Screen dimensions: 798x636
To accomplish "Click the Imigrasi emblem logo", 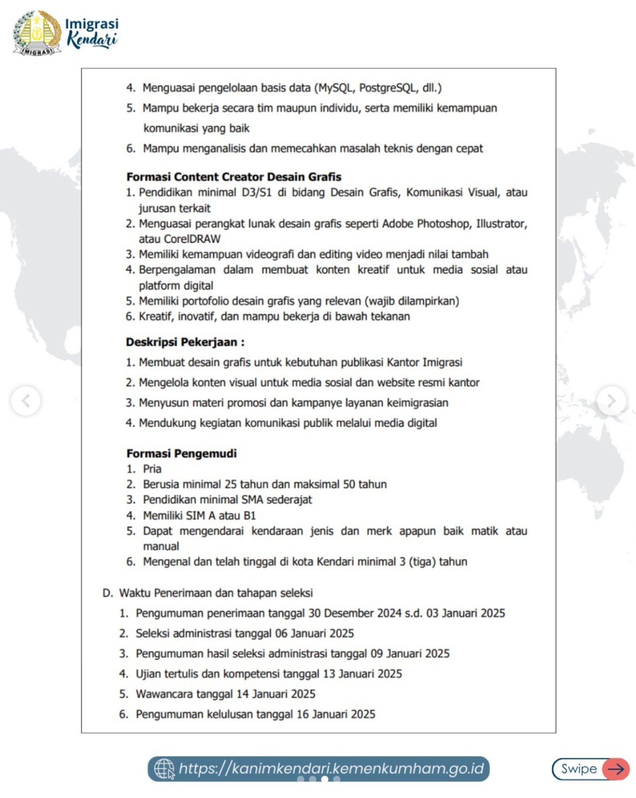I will tap(37, 33).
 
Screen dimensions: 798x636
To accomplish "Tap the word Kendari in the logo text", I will tap(92, 39).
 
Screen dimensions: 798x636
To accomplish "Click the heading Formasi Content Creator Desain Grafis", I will tap(234, 177).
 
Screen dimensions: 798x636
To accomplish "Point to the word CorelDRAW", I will tap(192, 239).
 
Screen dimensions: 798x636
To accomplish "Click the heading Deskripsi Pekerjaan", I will tap(185, 342).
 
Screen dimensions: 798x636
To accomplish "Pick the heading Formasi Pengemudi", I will tap(181, 453).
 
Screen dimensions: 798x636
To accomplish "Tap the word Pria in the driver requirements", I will tap(152, 469).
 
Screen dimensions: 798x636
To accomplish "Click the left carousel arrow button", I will tap(25, 400).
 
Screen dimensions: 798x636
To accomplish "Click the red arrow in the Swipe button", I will tap(616, 769).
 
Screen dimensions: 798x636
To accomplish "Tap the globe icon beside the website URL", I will tap(164, 769).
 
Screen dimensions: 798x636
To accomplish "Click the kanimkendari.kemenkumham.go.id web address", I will tap(331, 768).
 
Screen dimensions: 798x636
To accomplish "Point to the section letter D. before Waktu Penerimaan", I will tap(107, 593).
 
